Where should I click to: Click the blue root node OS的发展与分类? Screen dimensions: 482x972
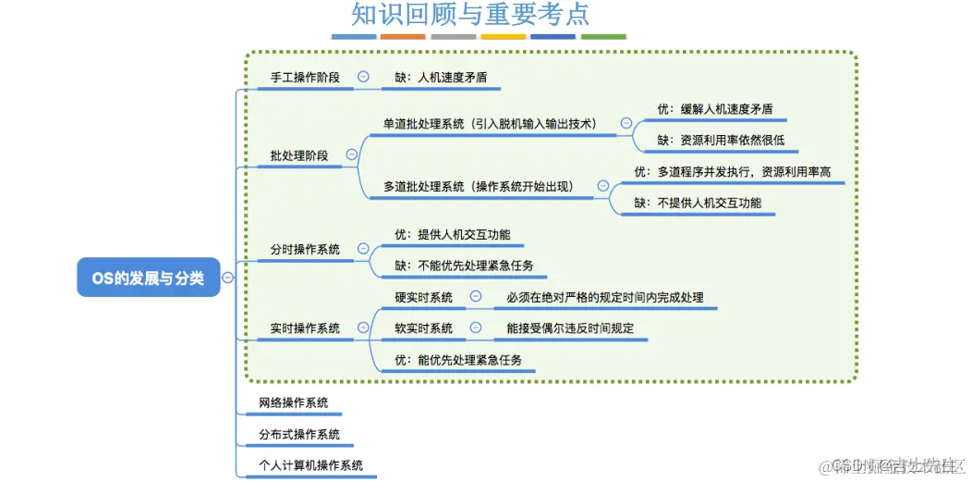click(148, 277)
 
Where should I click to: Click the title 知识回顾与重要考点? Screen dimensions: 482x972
click(470, 16)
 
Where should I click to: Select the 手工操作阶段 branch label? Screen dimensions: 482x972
click(305, 78)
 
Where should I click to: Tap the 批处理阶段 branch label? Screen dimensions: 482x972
click(299, 155)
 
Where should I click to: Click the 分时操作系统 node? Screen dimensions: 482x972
click(305, 249)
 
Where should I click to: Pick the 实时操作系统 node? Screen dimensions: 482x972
click(305, 328)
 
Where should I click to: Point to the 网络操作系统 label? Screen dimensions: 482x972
click(294, 403)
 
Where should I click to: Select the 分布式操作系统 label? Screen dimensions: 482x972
click(299, 434)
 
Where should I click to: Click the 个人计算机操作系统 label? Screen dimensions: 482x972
click(311, 465)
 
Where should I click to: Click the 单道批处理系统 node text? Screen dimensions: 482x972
click(490, 123)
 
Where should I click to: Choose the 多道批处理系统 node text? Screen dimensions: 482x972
click(478, 186)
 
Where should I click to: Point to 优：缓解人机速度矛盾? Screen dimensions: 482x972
click(714, 109)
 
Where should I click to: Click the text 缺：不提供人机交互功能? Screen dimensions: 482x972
click(698, 203)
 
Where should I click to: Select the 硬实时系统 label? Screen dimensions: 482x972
click(423, 297)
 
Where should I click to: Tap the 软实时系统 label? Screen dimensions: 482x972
click(423, 328)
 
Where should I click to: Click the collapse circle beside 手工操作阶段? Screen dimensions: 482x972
click(363, 78)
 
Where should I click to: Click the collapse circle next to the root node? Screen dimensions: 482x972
click(227, 278)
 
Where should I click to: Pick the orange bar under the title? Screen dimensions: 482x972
click(403, 37)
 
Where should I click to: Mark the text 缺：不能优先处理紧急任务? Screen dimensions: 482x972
click(463, 266)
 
